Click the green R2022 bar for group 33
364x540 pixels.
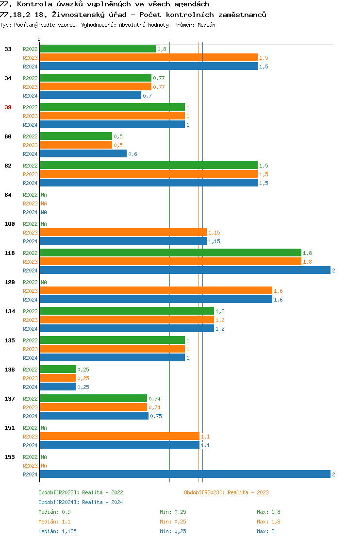(98, 49)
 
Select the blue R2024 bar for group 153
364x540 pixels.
(184, 474)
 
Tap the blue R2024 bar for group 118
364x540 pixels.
(184, 270)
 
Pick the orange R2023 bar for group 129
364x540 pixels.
(155, 291)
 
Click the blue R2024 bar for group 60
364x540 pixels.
(83, 154)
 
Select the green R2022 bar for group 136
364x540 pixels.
(57, 370)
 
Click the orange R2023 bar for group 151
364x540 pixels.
(119, 437)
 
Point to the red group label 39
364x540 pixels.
(8, 107)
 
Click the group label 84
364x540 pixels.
(8, 195)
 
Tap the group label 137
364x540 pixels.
(9, 399)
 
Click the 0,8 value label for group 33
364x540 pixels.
(162, 49)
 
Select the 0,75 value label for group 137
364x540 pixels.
(156, 416)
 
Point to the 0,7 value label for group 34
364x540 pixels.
(147, 96)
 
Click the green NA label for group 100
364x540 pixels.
(44, 224)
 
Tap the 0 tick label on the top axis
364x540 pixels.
(39, 40)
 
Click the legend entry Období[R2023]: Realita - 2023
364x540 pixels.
(226, 492)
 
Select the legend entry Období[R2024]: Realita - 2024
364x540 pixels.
(81, 502)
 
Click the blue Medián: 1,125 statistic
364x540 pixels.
(57, 531)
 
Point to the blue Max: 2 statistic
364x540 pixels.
(265, 531)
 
